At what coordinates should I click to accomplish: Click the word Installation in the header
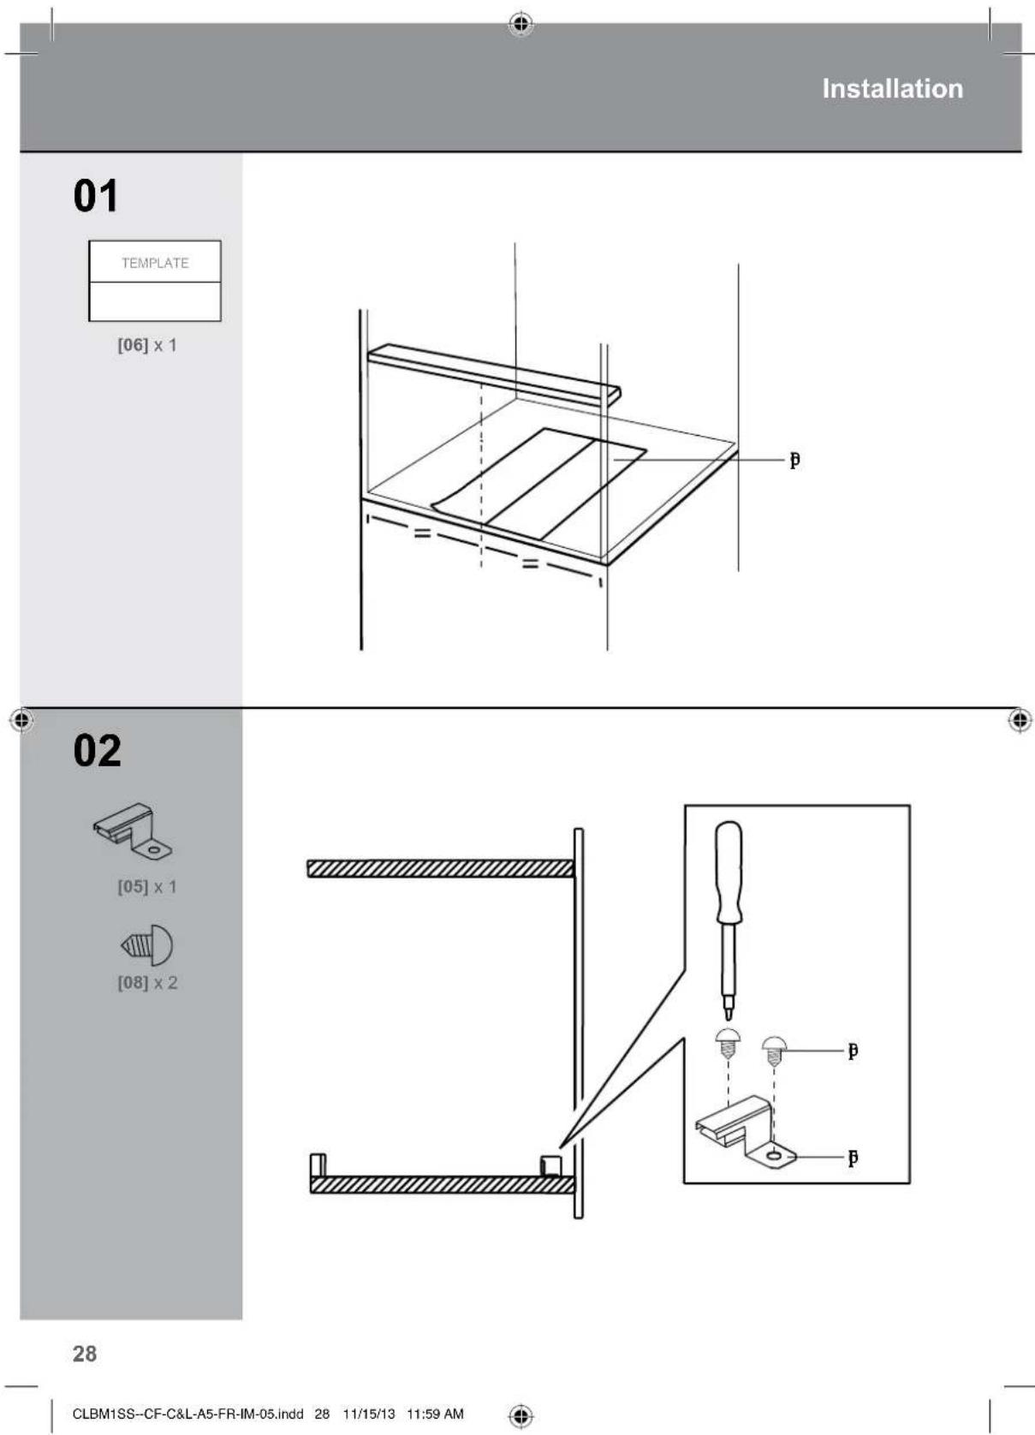tap(892, 89)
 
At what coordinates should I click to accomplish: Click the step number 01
tap(96, 196)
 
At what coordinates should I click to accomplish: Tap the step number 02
tap(98, 751)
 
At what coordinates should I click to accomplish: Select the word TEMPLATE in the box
tap(155, 263)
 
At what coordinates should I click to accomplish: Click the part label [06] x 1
tap(147, 345)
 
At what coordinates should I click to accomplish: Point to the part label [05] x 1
tap(147, 886)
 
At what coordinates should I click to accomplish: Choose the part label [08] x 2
tap(147, 982)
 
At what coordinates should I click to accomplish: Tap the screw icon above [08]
tap(147, 945)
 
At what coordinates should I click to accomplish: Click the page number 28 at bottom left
tap(85, 1354)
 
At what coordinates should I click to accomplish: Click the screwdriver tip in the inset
tap(729, 1012)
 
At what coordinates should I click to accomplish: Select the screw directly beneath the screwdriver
tap(728, 1043)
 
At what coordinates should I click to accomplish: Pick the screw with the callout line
tap(774, 1050)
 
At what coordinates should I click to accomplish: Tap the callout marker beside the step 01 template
tap(794, 461)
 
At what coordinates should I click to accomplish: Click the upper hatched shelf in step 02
tap(440, 869)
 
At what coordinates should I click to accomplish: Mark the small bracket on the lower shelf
tap(550, 1164)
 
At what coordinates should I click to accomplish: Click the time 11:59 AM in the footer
tap(435, 1414)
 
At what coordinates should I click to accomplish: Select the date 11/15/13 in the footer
tap(369, 1414)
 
